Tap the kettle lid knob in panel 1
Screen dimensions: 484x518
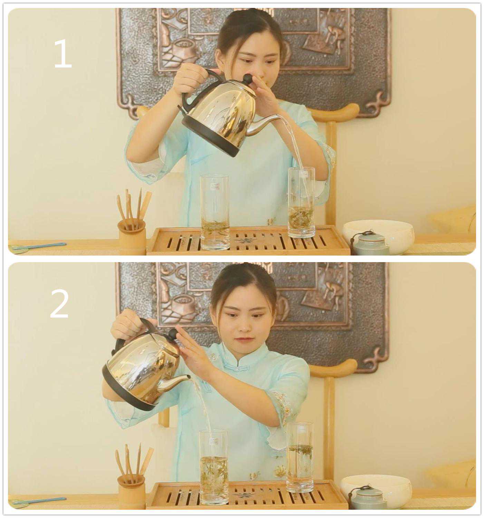(x=247, y=79)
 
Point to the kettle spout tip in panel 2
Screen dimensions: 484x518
(x=190, y=377)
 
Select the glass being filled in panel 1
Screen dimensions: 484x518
(x=302, y=202)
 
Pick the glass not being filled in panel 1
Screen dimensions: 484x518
(x=215, y=212)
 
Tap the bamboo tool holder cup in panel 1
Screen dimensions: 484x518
(x=132, y=237)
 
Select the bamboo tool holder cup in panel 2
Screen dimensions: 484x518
(x=131, y=491)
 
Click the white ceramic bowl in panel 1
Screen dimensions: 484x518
(x=379, y=236)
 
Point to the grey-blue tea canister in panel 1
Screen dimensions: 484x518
(x=369, y=243)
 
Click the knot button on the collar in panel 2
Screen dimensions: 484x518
(x=236, y=369)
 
